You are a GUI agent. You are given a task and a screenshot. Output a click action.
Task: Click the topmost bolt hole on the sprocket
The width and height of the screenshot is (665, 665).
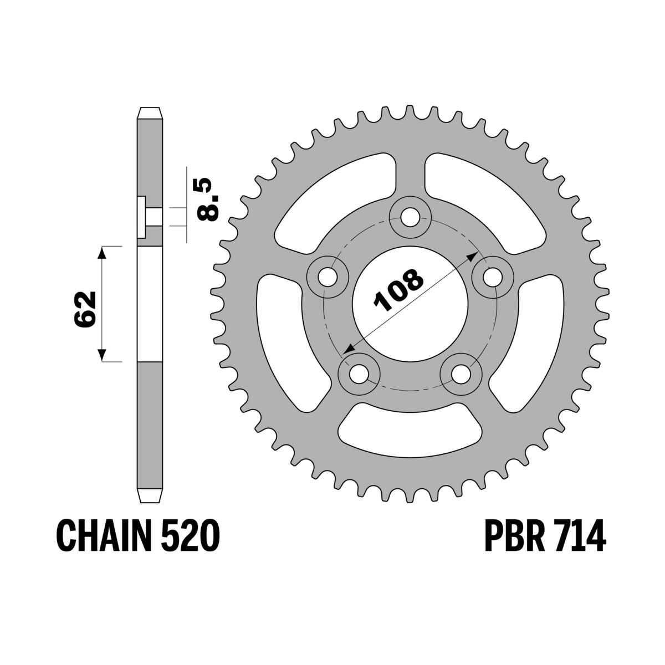point(410,217)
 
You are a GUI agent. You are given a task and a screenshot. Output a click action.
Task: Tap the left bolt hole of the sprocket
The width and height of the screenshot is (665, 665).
point(328,275)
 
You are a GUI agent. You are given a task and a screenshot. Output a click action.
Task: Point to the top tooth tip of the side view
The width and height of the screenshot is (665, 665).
point(151,110)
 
